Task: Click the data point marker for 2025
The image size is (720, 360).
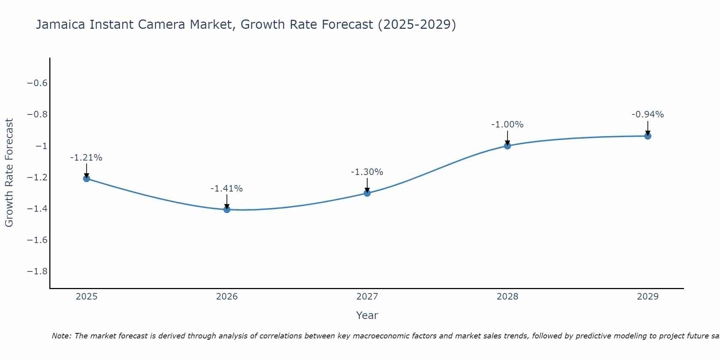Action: tap(86, 179)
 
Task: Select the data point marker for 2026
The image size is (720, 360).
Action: tap(227, 210)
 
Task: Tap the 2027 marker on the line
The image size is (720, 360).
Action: tap(367, 193)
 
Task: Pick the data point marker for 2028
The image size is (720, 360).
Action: tap(507, 146)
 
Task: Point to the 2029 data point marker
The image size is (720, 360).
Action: tap(648, 136)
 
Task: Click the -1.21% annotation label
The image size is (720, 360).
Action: tap(86, 158)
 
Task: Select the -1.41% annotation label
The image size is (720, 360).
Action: tap(227, 189)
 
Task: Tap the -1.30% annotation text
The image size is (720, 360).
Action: tap(367, 172)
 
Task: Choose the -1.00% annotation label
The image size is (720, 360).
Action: tap(507, 125)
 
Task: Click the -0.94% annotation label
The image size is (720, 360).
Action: tap(648, 114)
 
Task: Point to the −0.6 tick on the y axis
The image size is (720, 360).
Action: tap(37, 83)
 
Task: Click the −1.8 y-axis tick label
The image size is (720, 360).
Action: tap(37, 271)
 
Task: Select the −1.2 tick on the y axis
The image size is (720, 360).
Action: tap(37, 177)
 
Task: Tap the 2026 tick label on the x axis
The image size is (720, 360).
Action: tap(227, 297)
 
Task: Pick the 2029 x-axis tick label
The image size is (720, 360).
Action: tap(648, 297)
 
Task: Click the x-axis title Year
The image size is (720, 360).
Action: tap(367, 315)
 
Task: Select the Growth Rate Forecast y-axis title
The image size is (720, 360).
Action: tap(9, 173)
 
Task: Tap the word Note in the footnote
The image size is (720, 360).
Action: tap(62, 336)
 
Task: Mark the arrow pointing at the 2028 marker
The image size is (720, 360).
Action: tap(507, 137)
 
